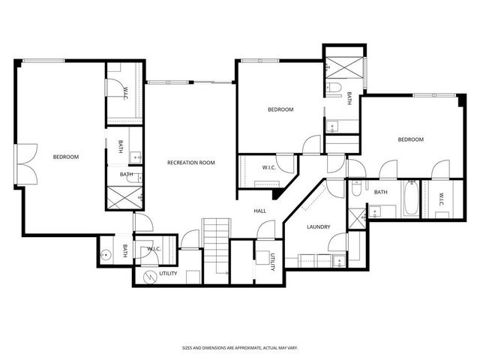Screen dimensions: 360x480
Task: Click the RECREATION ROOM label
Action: pos(191,162)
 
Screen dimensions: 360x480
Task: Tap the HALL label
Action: pos(259,211)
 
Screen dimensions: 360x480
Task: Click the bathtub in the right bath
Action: pos(410,199)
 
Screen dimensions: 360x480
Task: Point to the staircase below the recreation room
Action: pos(215,247)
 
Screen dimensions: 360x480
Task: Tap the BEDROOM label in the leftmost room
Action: pos(65,157)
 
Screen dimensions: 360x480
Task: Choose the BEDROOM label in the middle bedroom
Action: pos(280,109)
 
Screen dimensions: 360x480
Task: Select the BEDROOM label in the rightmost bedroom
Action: pos(410,139)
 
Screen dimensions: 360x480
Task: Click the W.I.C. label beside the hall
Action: pos(269,167)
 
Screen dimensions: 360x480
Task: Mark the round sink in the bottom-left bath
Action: pos(107,254)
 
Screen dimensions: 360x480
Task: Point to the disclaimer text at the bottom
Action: pos(239,348)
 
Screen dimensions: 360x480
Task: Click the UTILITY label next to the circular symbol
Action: pos(168,274)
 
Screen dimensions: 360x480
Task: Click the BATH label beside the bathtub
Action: pos(381,192)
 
